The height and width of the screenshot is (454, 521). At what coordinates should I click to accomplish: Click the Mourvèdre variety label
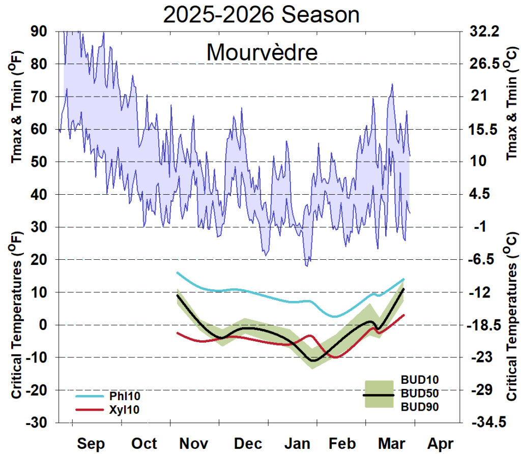tap(262, 52)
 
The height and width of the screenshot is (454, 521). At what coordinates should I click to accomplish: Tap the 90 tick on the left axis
tap(40, 32)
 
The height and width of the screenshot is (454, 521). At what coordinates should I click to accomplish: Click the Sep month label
tap(91, 443)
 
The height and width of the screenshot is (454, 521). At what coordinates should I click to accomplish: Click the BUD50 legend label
tap(420, 394)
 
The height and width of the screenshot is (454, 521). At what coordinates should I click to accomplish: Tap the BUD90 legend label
tap(420, 407)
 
